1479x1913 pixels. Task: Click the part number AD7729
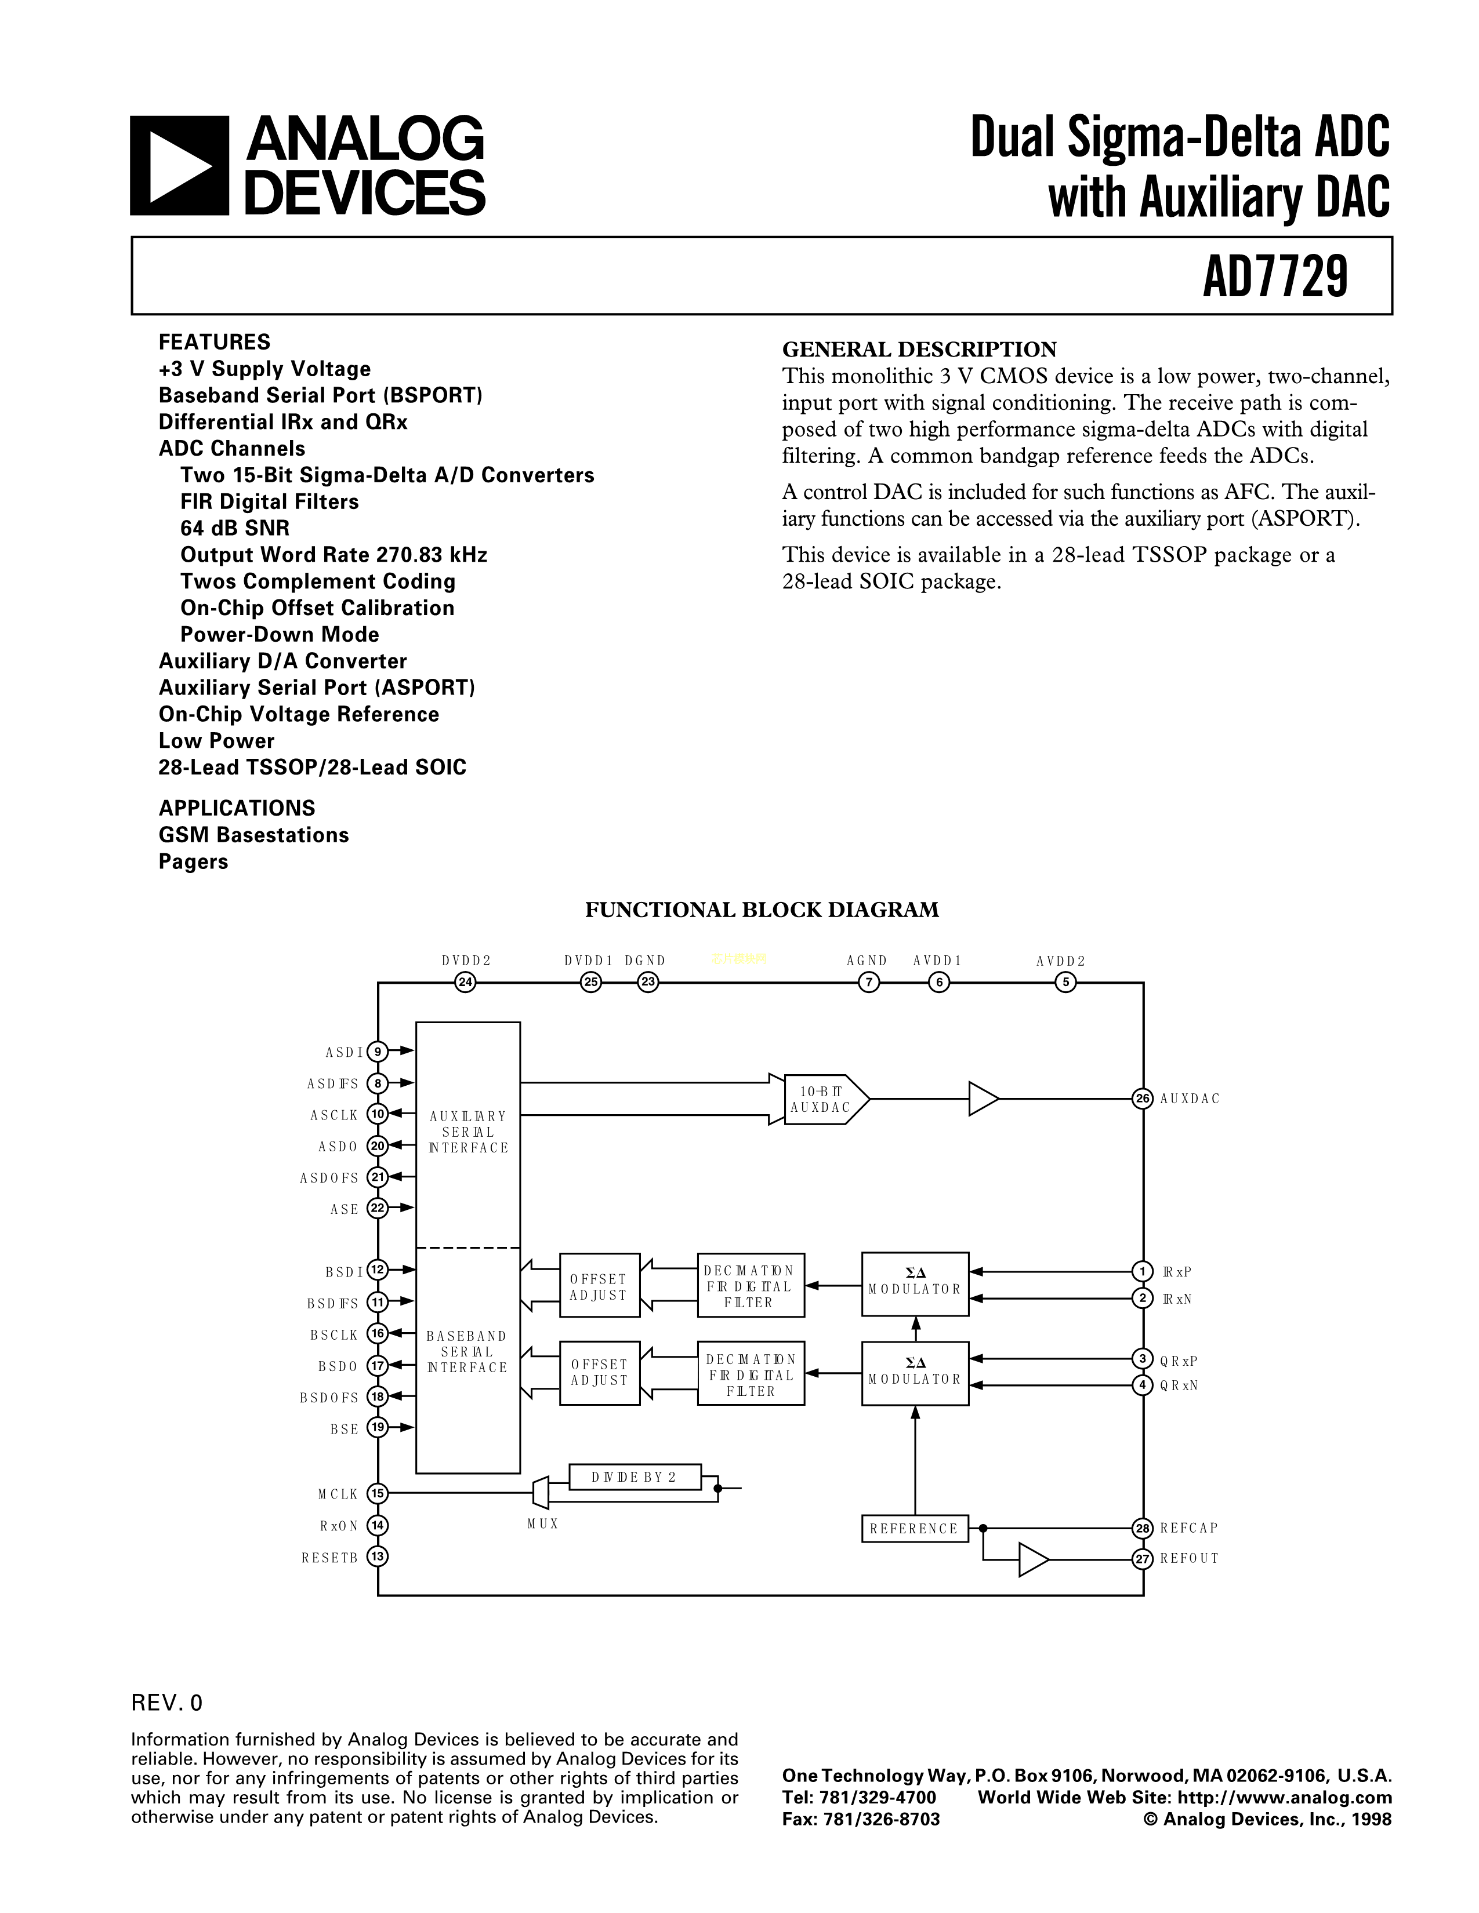click(x=1274, y=276)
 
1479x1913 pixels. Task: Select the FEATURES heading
click(x=214, y=341)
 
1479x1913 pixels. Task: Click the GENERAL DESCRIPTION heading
click(x=919, y=350)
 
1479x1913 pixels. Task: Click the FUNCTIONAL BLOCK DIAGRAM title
click(x=762, y=910)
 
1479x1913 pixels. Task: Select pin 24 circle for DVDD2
click(x=465, y=983)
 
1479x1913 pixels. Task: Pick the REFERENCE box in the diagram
click(x=914, y=1529)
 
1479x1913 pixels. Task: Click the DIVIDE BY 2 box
click(x=635, y=1477)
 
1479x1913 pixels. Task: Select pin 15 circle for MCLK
click(x=378, y=1493)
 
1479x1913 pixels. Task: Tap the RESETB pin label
click(x=329, y=1558)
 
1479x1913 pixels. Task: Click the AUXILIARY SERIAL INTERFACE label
click(x=468, y=1132)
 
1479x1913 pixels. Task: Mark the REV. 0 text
click(x=166, y=1703)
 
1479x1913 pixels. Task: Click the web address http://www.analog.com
click(x=1280, y=1798)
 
